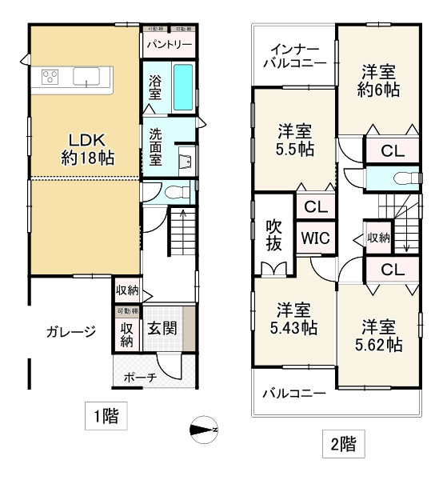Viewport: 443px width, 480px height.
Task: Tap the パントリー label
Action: tap(169, 44)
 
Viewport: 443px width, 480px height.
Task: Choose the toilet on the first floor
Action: tap(181, 191)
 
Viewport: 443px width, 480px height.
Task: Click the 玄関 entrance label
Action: tap(162, 329)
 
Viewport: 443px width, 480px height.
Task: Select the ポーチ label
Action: tap(140, 378)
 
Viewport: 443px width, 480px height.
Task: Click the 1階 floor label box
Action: tap(104, 416)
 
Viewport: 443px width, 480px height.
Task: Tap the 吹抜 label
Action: tap(273, 237)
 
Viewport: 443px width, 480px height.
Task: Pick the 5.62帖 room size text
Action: tap(378, 345)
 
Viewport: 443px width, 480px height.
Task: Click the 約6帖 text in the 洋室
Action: tap(378, 90)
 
